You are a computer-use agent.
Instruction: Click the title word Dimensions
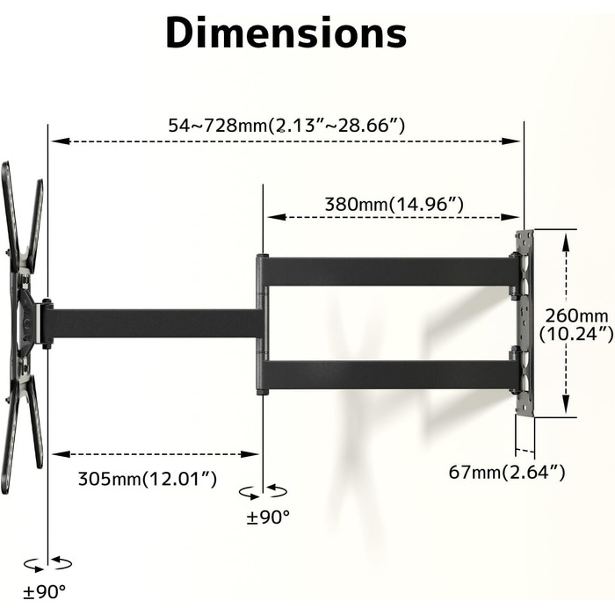pos(286,33)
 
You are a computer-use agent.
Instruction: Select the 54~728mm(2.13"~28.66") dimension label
pos(286,126)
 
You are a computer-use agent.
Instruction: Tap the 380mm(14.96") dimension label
pos(394,205)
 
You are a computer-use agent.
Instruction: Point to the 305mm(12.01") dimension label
pos(148,479)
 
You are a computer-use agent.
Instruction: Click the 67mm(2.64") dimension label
pos(507,472)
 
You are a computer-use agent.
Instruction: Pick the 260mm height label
pos(576,315)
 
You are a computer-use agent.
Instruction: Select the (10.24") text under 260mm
pos(576,334)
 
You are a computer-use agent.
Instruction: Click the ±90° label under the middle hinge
pos(268,517)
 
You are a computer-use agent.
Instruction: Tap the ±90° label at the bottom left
pos(44,592)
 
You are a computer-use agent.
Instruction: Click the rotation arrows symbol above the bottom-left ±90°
pos(47,564)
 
